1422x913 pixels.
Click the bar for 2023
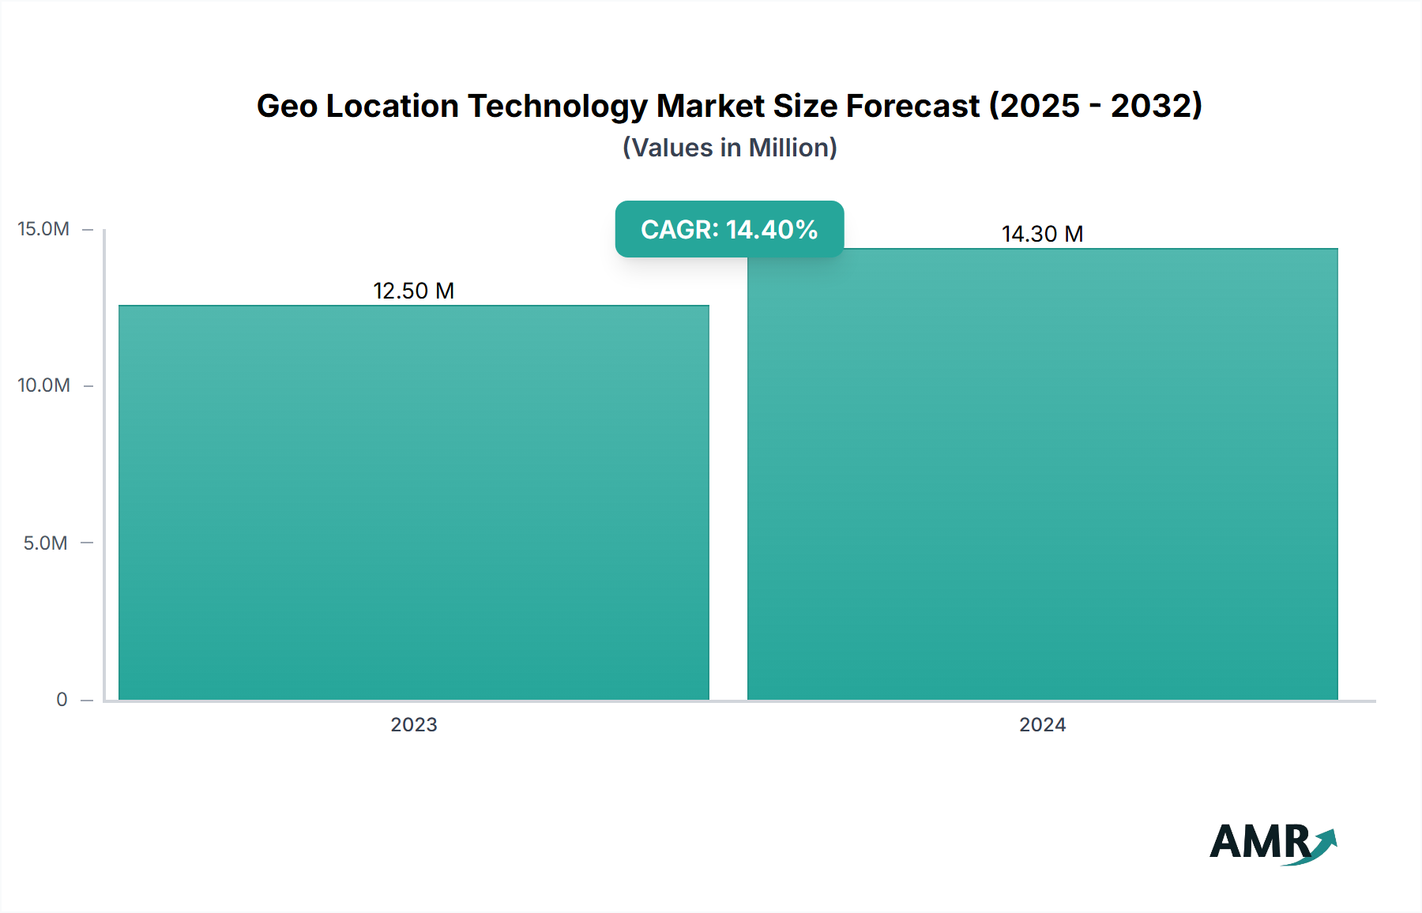(414, 502)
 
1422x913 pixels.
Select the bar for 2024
(1042, 474)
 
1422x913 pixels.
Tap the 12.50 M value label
(413, 291)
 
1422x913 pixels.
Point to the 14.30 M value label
(1042, 234)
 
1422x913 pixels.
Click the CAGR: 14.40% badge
(729, 229)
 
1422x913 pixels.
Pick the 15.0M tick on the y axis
(43, 229)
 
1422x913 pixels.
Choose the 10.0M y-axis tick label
(43, 385)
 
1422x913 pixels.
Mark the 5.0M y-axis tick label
(45, 543)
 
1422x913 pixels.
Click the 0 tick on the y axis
(62, 699)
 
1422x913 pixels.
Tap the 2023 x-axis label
(413, 724)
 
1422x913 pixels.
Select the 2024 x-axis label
(1042, 724)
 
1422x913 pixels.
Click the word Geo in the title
(287, 106)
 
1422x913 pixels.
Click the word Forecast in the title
(912, 106)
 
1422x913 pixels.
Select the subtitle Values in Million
(729, 148)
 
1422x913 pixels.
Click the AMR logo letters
(1259, 842)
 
